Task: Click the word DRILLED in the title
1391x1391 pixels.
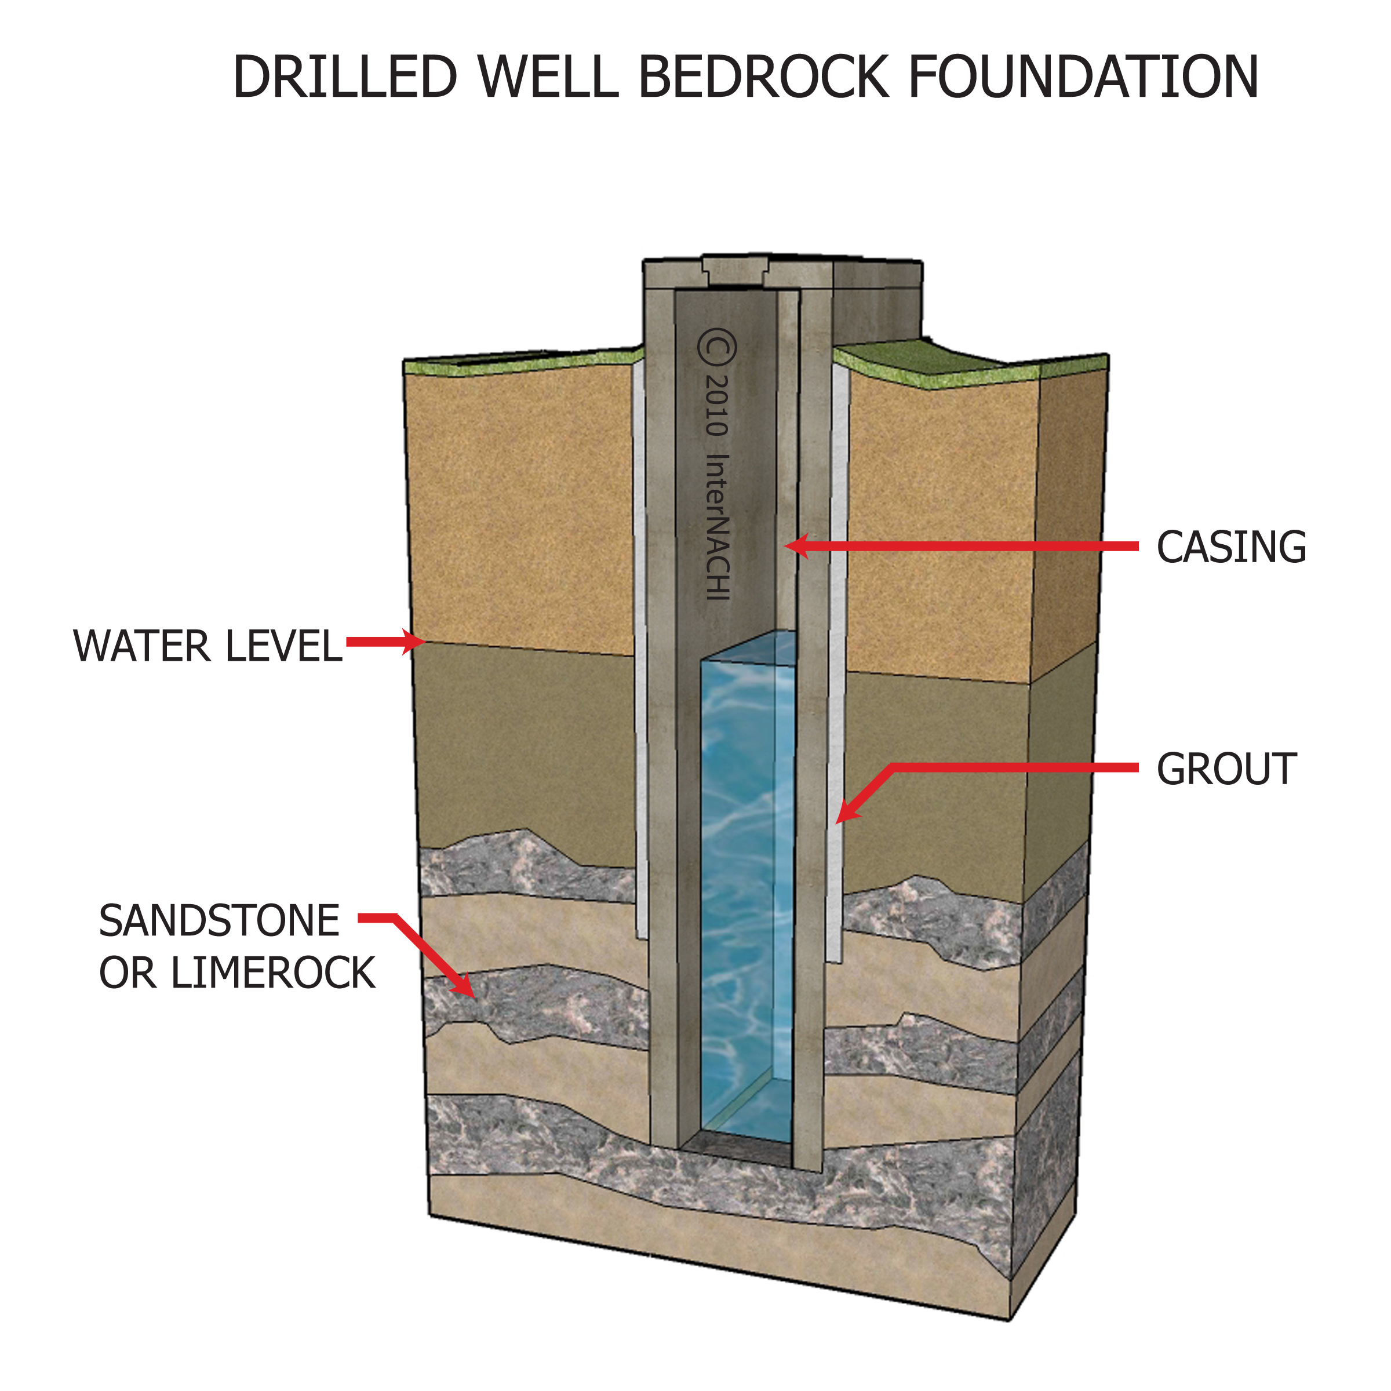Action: (x=345, y=77)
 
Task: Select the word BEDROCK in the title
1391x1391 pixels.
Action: (x=763, y=77)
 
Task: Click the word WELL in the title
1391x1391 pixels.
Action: (x=547, y=77)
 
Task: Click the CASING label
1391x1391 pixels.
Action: (x=1230, y=547)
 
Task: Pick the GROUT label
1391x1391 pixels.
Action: (x=1226, y=769)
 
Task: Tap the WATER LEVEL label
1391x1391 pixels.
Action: (x=207, y=646)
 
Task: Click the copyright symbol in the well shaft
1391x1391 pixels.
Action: (x=716, y=348)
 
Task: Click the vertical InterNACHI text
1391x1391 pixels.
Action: (x=718, y=526)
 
